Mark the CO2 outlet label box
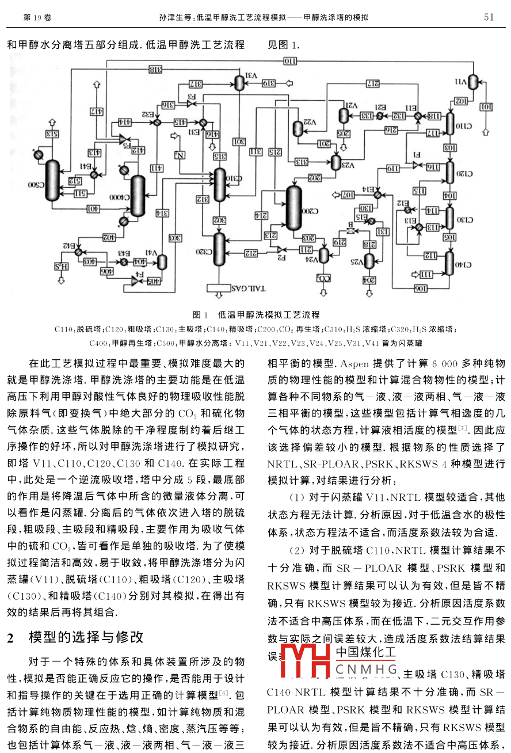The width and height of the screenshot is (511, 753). (x=324, y=277)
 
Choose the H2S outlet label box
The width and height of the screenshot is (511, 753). (x=62, y=266)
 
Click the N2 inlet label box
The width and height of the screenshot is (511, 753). (x=180, y=154)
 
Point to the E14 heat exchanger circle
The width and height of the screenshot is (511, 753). (x=377, y=195)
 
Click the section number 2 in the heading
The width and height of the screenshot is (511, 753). (x=9, y=637)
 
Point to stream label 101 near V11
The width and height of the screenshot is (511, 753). (x=486, y=107)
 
